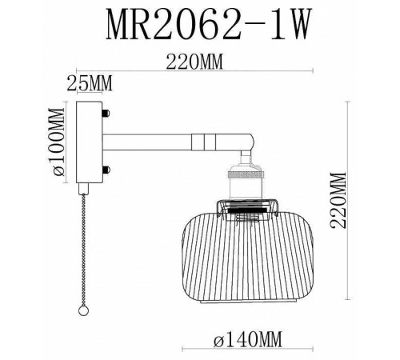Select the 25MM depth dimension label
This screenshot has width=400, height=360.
point(87,82)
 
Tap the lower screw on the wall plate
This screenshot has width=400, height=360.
point(105,170)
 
